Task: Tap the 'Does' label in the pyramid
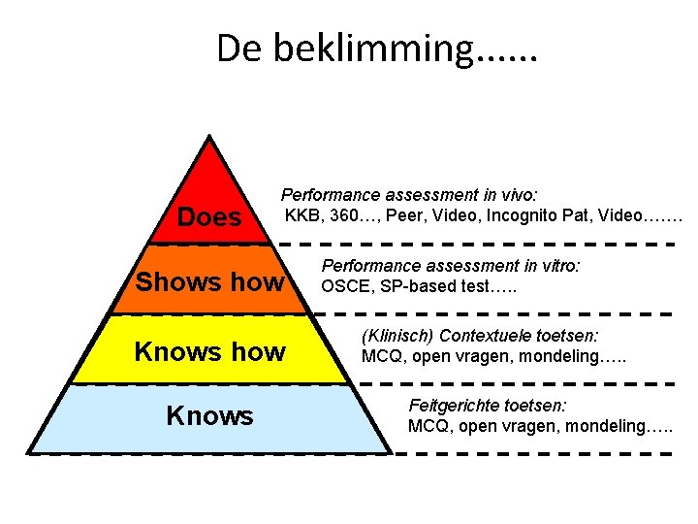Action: pos(209,217)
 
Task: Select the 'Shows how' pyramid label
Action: pos(210,282)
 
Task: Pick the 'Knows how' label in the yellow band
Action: pos(209,351)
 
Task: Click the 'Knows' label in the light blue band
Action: pos(209,416)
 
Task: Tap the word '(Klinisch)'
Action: pos(397,336)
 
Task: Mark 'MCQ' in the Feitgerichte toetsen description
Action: pos(426,425)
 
